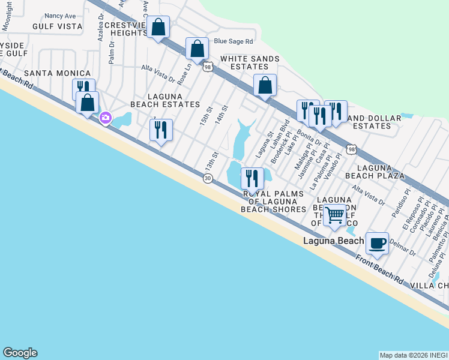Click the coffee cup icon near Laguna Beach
coord(377,243)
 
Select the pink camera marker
coord(106,118)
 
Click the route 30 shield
coord(208,179)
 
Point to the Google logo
coord(20,353)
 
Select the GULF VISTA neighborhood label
coord(58,26)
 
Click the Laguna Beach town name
coord(334,241)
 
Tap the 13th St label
coord(210,161)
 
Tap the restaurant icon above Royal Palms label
coord(252,178)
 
